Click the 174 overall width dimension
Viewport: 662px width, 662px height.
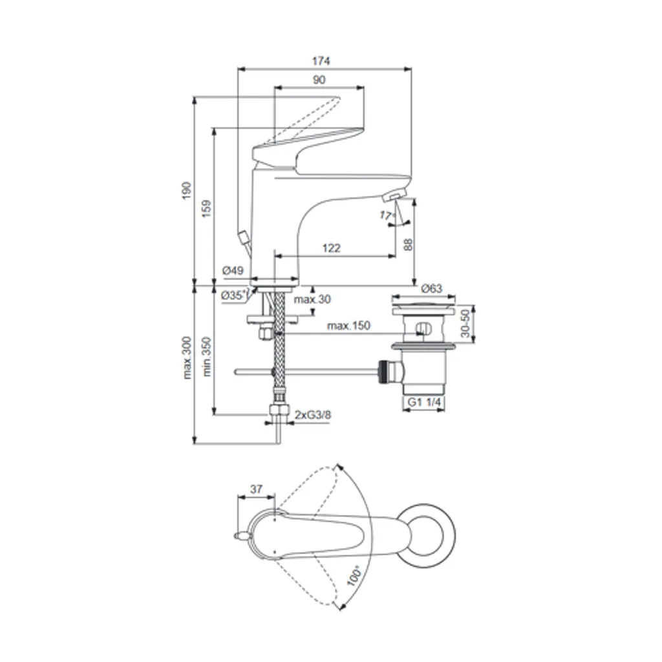coord(321,61)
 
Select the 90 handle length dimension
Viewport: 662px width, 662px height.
coord(319,80)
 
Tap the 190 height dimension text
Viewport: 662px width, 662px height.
coord(186,191)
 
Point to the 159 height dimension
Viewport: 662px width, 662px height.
coord(206,209)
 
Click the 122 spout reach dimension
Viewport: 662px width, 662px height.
coord(332,248)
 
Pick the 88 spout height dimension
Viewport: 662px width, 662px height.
coord(408,244)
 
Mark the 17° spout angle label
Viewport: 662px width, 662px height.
coord(386,215)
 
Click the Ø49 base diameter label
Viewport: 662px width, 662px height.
coord(233,271)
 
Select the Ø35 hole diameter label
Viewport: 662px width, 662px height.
coord(233,295)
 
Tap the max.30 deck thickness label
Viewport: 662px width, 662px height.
coord(312,299)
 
